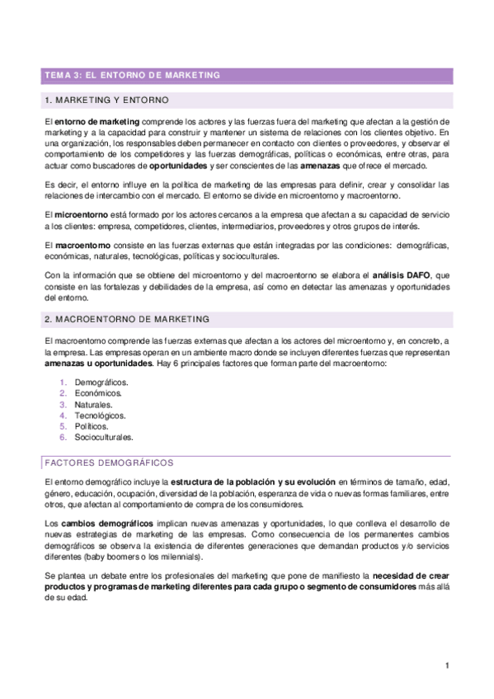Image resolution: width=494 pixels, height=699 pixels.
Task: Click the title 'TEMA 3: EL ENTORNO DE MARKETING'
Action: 132,76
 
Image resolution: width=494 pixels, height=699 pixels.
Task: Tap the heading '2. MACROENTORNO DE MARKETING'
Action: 126,318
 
